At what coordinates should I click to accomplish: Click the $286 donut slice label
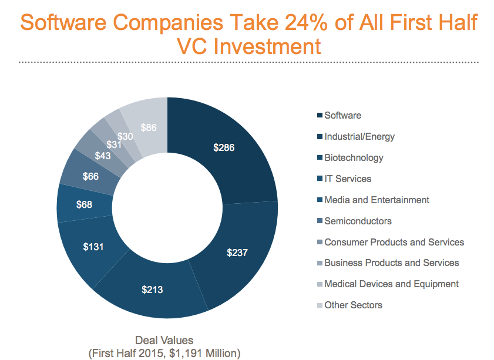[x=224, y=147]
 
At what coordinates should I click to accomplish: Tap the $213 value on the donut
[x=152, y=289]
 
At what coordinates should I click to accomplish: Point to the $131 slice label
[x=93, y=247]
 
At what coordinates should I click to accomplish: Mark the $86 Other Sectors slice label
[x=149, y=127]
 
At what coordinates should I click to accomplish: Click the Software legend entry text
[x=342, y=116]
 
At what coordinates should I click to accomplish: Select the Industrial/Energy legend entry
[x=359, y=137]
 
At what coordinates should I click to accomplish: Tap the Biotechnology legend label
[x=354, y=158]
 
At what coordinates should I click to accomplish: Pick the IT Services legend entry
[x=348, y=179]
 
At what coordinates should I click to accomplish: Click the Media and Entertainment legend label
[x=377, y=200]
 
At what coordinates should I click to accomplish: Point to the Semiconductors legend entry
[x=358, y=221]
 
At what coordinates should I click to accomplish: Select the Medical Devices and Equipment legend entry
[x=391, y=284]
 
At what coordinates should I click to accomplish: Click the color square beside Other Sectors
[x=319, y=305]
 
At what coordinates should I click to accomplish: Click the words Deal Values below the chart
[x=164, y=340]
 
